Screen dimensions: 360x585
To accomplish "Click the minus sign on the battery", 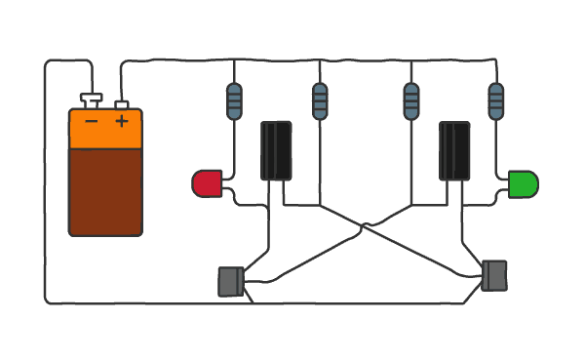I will pos(92,121).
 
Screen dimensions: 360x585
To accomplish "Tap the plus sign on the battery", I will pos(121,121).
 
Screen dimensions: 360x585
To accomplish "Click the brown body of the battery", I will pos(105,191).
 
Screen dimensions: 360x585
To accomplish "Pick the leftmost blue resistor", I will pos(234,101).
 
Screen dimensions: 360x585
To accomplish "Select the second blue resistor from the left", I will pos(320,101).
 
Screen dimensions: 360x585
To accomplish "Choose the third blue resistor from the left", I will pos(411,101).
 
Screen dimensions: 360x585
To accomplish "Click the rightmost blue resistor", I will pos(496,101).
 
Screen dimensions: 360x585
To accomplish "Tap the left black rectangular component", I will pos(276,150).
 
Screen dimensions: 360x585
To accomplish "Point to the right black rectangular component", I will pos(454,150).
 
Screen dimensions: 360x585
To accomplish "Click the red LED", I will pos(208,183).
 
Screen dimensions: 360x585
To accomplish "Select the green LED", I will pos(523,184).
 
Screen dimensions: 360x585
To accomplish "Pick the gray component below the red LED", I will pos(230,281).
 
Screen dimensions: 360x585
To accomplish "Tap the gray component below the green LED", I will pos(494,275).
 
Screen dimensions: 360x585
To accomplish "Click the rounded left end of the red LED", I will pos(198,183).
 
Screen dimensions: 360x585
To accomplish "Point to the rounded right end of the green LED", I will pos(532,184).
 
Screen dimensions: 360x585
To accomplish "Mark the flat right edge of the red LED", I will pos(218,183).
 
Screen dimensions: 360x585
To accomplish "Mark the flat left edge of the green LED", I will pos(512,184).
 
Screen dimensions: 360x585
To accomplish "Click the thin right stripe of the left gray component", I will pos(240,281).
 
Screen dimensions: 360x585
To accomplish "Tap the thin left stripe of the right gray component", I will pos(486,275).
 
